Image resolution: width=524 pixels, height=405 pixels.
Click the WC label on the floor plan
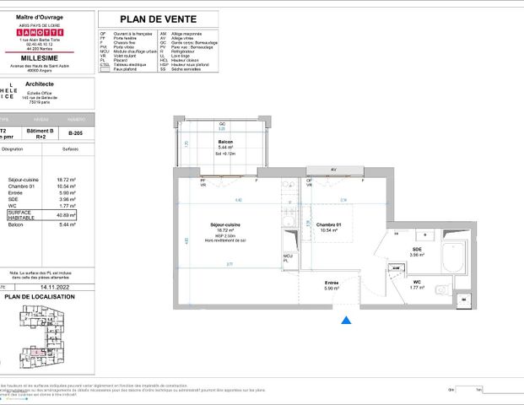(417, 283)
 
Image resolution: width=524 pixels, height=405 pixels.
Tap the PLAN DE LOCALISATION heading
(35, 296)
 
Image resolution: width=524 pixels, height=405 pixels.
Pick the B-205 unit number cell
(75, 132)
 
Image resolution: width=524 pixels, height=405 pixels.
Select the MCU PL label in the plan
(287, 257)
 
